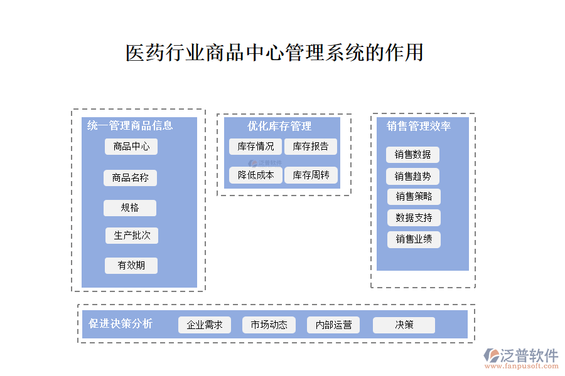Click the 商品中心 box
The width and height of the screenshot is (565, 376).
click(x=131, y=147)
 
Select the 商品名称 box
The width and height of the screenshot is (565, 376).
click(x=130, y=177)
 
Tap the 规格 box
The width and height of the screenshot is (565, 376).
click(x=130, y=207)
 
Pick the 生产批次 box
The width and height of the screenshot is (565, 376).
click(x=132, y=236)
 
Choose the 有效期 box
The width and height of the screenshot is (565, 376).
click(x=131, y=265)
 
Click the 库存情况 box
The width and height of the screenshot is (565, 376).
click(x=256, y=147)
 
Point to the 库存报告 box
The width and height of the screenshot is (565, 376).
click(x=311, y=147)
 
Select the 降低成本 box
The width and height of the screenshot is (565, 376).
click(x=256, y=175)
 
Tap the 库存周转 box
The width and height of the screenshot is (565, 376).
click(x=311, y=175)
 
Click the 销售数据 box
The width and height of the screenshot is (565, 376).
click(x=412, y=155)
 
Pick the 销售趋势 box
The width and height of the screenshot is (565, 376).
click(x=412, y=176)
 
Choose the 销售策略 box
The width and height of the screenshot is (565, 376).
click(x=414, y=197)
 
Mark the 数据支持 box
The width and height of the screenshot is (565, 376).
click(x=414, y=218)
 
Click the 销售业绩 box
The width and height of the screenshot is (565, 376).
click(x=414, y=239)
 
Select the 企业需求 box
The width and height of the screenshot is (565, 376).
click(x=205, y=325)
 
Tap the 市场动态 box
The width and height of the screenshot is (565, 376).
click(x=269, y=325)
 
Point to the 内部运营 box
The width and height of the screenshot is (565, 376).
click(x=333, y=325)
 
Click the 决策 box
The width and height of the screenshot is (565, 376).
click(x=404, y=325)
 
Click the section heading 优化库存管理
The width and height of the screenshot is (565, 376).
click(x=279, y=127)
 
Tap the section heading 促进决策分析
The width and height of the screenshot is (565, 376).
click(x=121, y=324)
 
